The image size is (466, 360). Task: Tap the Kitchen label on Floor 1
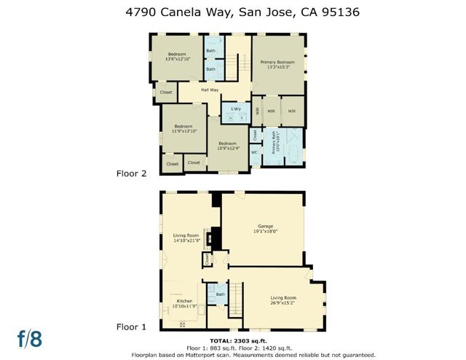point(185,300)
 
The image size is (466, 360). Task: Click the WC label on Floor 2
point(254,152)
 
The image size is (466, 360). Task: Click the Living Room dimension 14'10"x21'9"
point(186,241)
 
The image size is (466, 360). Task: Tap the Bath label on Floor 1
point(221,294)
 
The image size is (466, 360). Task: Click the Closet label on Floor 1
point(207,259)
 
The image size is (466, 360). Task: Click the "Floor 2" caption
point(132,173)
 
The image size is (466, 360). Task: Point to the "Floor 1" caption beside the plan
point(132,327)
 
